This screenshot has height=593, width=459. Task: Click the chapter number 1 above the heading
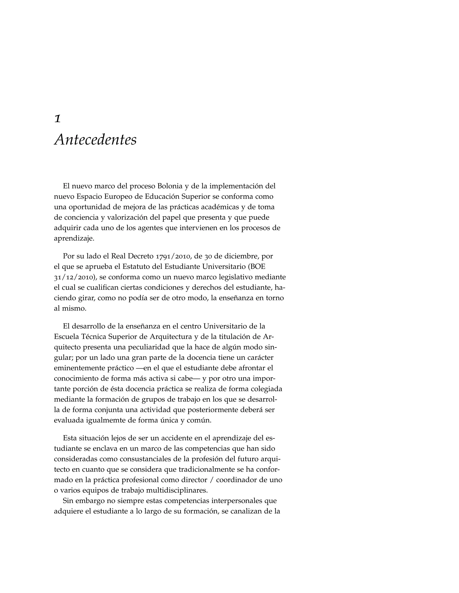[x=57, y=119]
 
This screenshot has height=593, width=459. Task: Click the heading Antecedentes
[x=95, y=140]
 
